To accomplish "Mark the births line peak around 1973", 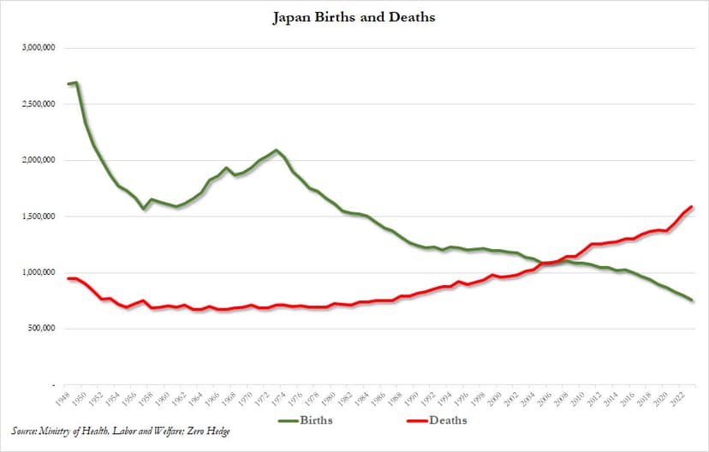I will (x=276, y=151).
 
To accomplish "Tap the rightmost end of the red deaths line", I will (x=691, y=207).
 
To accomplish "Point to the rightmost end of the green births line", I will (x=691, y=300).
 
